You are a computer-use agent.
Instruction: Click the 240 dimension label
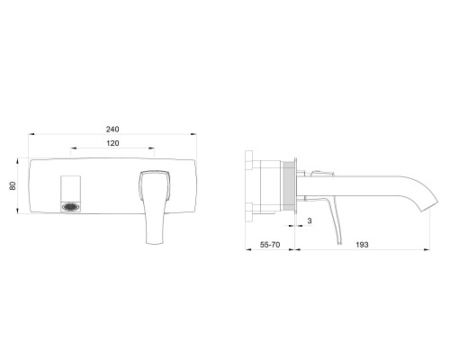[112, 129]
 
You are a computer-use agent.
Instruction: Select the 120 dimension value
[112, 143]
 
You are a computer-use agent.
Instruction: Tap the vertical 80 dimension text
[13, 186]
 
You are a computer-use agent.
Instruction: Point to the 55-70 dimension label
[270, 245]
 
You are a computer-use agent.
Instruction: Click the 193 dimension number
[362, 245]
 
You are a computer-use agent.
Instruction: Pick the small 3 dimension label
[310, 220]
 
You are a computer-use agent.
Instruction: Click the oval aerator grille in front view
[71, 207]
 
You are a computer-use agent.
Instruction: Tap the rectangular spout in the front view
[71, 194]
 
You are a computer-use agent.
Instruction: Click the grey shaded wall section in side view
[289, 186]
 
